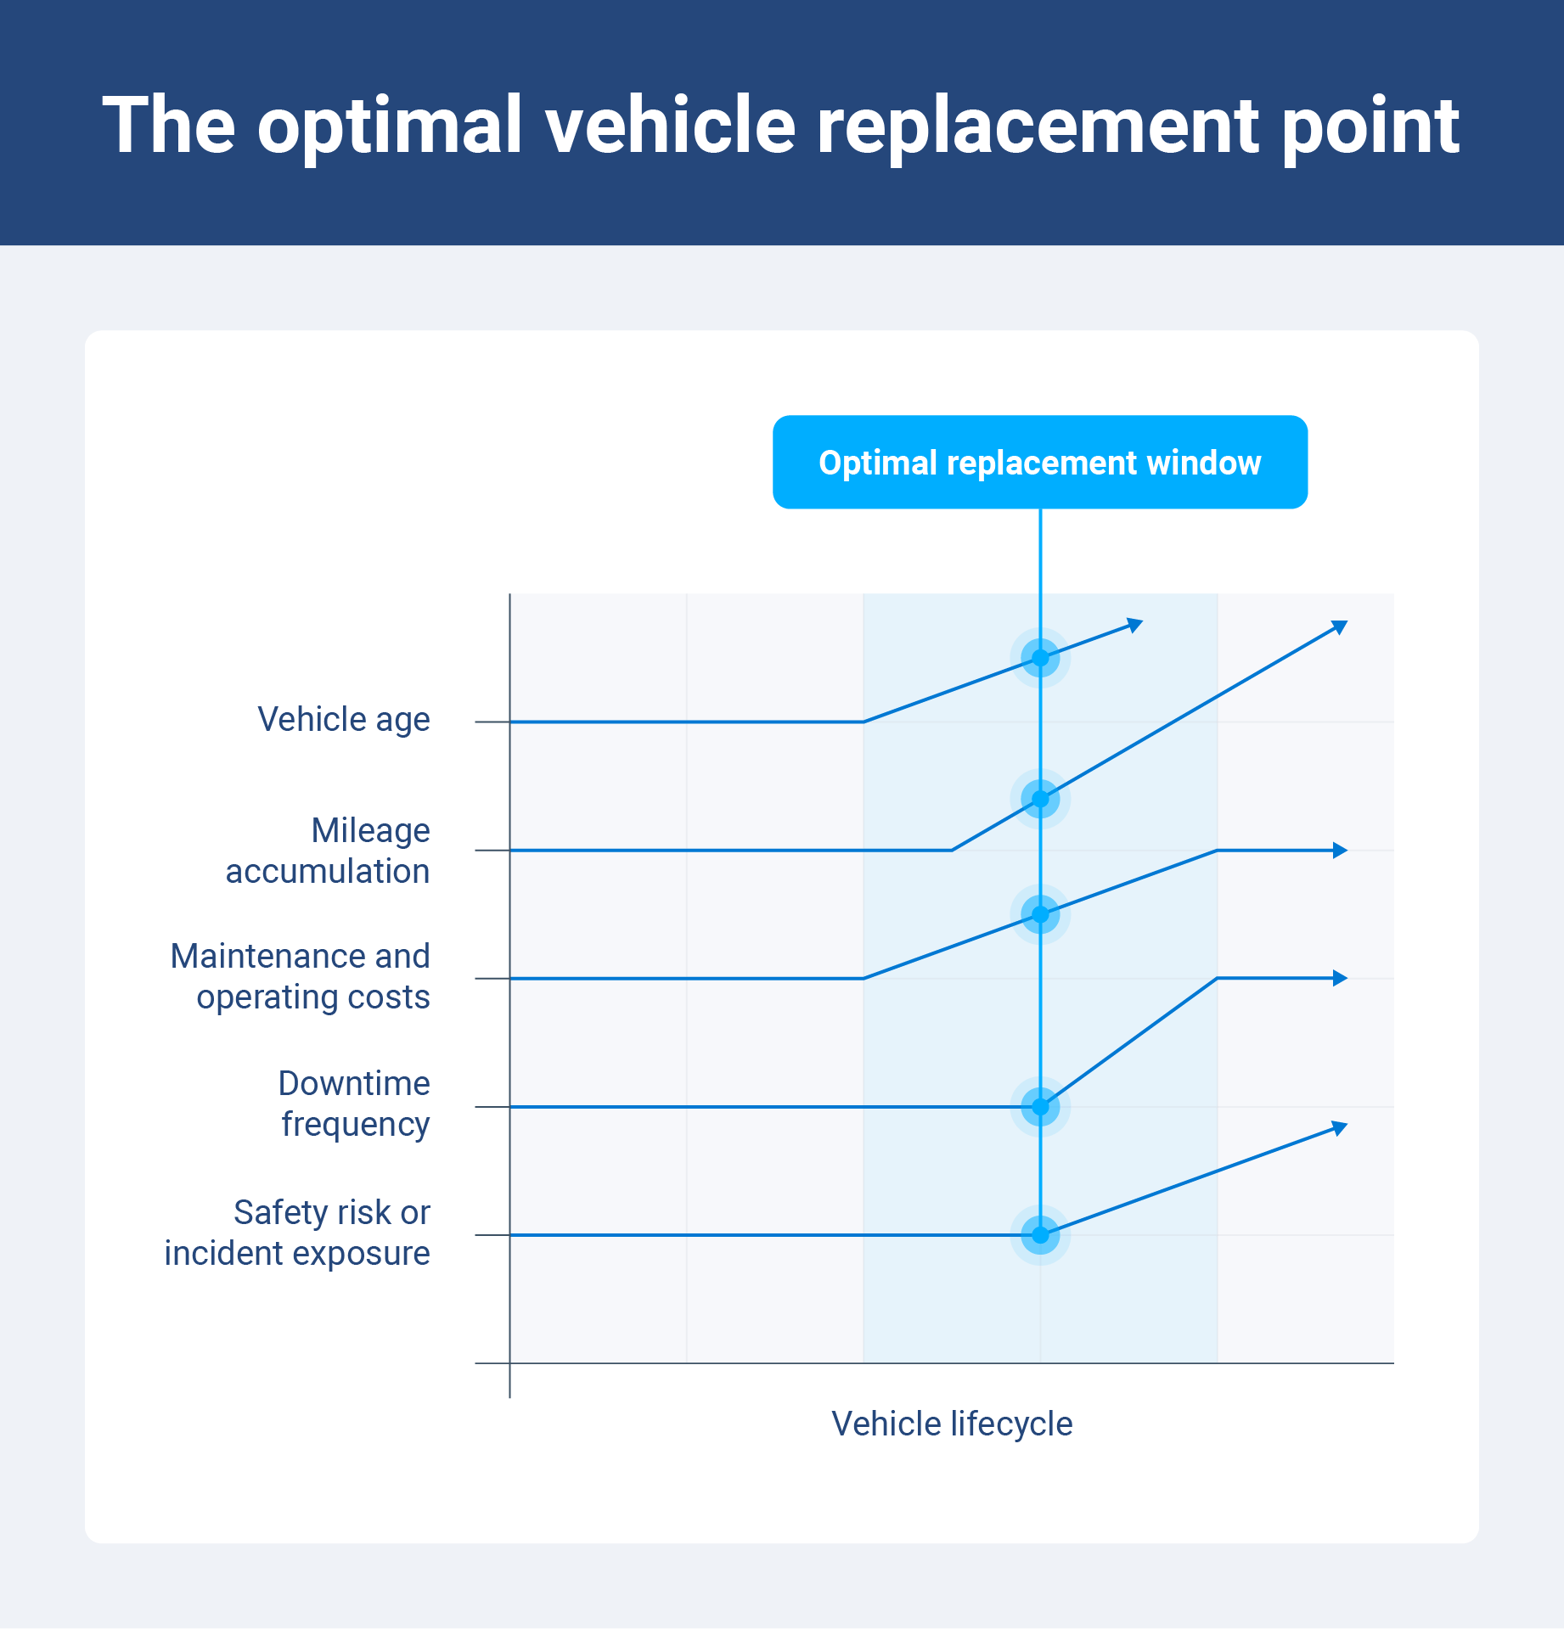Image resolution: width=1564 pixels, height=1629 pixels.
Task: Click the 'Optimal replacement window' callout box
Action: pyautogui.click(x=1039, y=463)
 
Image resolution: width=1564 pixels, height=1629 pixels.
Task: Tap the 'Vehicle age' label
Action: pyautogui.click(x=343, y=720)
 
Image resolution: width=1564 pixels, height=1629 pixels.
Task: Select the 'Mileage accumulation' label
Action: pyautogui.click(x=328, y=851)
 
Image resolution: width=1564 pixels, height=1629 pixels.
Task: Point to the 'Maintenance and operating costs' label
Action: pyautogui.click(x=301, y=976)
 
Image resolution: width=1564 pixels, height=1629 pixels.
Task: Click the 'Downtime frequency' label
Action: pyautogui.click(x=354, y=1104)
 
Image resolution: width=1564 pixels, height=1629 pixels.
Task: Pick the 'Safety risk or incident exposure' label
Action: pyautogui.click(x=297, y=1233)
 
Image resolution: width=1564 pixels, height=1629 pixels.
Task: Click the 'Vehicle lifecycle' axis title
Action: pyautogui.click(x=951, y=1424)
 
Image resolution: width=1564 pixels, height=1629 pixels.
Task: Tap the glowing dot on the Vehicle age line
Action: pyautogui.click(x=1040, y=658)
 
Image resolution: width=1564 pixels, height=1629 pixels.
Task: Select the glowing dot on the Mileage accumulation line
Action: pyautogui.click(x=1040, y=799)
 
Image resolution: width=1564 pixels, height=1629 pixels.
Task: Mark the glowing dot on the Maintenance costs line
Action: pyautogui.click(x=1040, y=914)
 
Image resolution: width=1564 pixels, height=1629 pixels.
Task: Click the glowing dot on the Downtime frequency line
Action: pyautogui.click(x=1040, y=1107)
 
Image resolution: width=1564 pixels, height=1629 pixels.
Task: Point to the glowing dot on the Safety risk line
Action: pyautogui.click(x=1040, y=1235)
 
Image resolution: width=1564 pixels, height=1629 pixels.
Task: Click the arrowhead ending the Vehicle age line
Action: pyautogui.click(x=1135, y=626)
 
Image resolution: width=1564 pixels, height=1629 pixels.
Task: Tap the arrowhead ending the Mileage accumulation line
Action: pyautogui.click(x=1340, y=627)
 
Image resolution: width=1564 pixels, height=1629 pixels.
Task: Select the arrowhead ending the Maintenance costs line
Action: pyautogui.click(x=1340, y=851)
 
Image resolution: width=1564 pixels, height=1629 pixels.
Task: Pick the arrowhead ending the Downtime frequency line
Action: pyautogui.click(x=1340, y=978)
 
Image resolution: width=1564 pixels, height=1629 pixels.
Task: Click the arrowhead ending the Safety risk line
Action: pyautogui.click(x=1340, y=1128)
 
